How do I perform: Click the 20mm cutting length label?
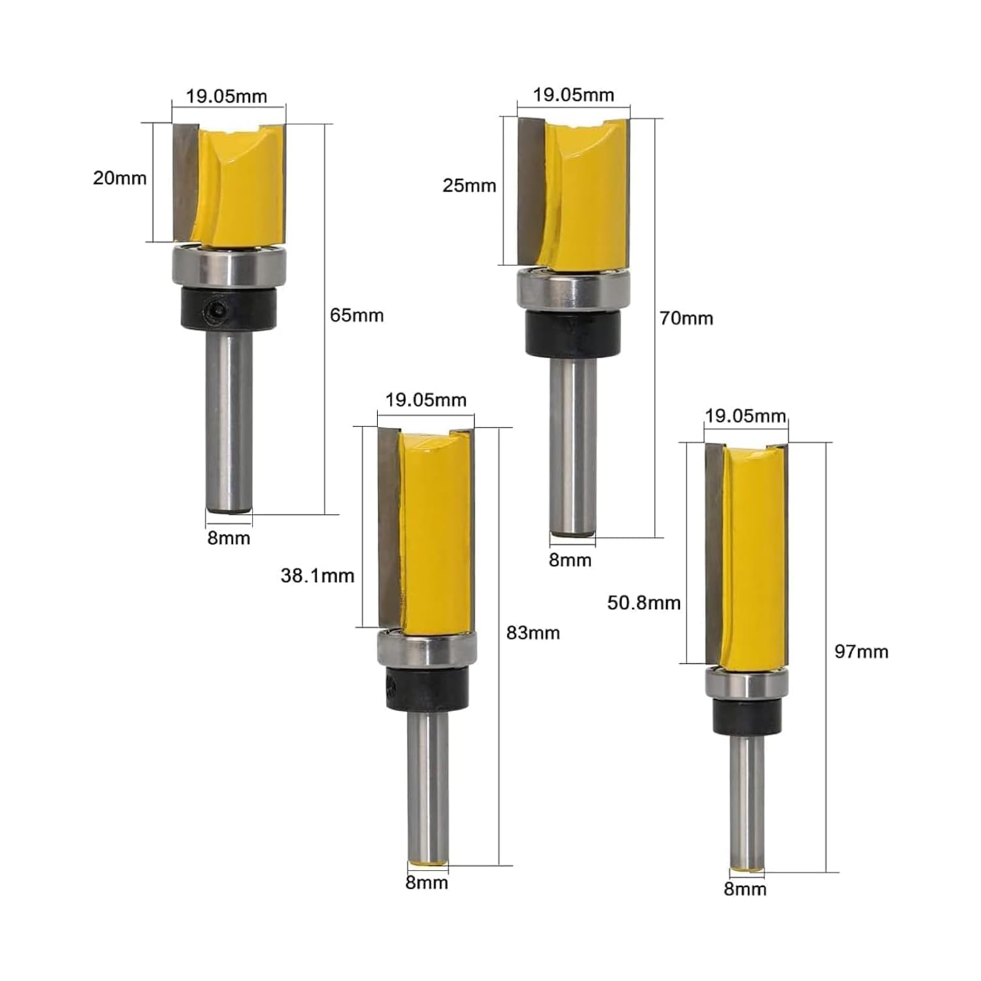point(120,178)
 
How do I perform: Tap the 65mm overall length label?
point(356,315)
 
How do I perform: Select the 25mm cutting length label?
point(469,186)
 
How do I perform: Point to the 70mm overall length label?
point(686,318)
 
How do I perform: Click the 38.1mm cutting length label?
point(317,576)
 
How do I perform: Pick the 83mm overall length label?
point(533,633)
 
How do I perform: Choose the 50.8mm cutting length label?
point(644,602)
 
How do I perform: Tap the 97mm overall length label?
point(861,651)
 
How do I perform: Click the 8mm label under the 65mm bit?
point(229,538)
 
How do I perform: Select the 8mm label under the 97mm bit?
point(745,889)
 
